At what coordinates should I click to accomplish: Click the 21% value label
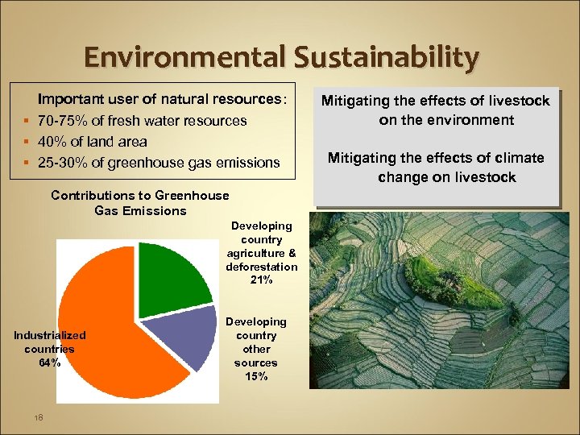[x=262, y=280]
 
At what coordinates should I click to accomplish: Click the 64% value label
[x=49, y=362]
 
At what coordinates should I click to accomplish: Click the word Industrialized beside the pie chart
[x=49, y=335]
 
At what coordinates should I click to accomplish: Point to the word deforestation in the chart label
[x=262, y=267]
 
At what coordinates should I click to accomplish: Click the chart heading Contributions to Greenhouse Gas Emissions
[x=139, y=203]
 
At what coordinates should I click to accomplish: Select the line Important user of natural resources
[x=160, y=100]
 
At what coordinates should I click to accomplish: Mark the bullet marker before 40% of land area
[x=28, y=142]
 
